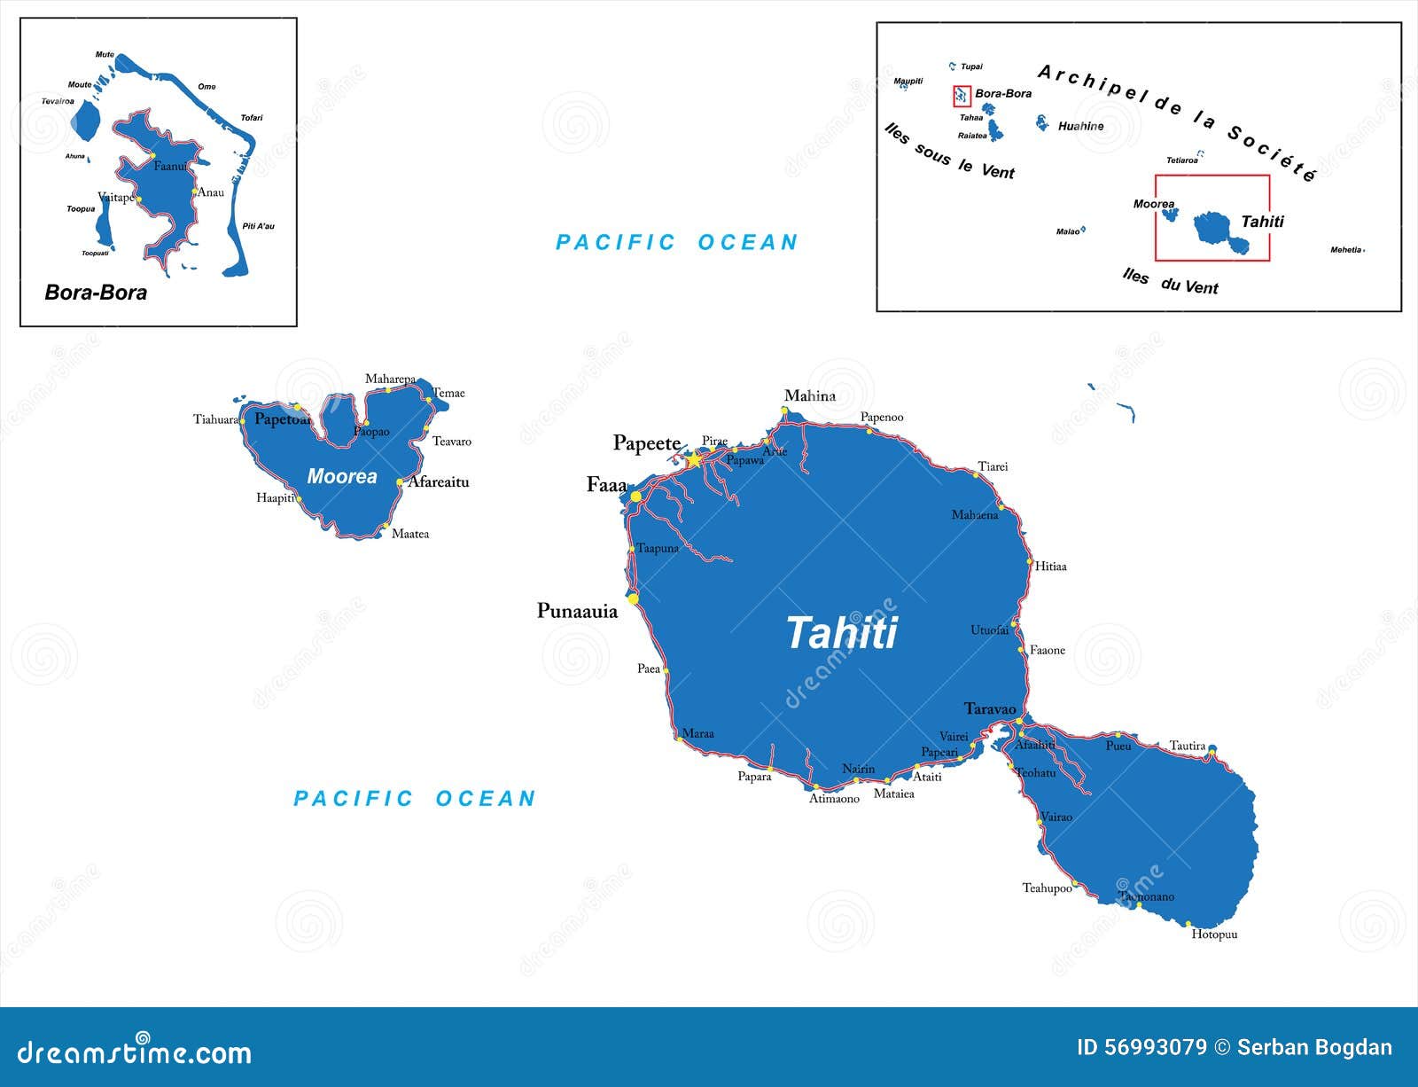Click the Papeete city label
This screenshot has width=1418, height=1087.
click(x=646, y=443)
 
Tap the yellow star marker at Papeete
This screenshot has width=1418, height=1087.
click(x=694, y=460)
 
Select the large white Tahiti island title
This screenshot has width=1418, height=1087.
click(x=841, y=633)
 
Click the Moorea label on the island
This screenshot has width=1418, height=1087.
click(x=342, y=477)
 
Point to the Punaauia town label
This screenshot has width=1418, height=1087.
click(x=577, y=611)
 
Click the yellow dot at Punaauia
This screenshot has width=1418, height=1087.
click(x=633, y=599)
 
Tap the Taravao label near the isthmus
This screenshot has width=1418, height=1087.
click(x=990, y=708)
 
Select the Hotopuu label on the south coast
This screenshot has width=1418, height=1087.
click(x=1214, y=935)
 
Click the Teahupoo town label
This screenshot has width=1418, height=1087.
click(x=1047, y=888)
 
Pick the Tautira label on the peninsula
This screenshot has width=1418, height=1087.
click(x=1188, y=746)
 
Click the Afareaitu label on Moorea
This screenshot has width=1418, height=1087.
click(x=438, y=482)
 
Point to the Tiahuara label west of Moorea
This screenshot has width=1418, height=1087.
click(x=216, y=419)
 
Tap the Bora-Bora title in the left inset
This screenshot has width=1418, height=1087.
click(x=96, y=293)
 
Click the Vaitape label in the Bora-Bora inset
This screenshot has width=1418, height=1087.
click(x=115, y=197)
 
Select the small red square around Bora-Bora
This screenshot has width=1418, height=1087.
click(x=962, y=96)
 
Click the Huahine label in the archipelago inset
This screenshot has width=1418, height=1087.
click(x=1080, y=127)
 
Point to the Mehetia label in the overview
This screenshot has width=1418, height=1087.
click(x=1345, y=250)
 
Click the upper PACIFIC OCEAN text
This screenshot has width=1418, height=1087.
click(x=677, y=242)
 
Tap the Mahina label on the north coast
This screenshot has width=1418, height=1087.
click(x=810, y=396)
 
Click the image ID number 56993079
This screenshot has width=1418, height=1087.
click(x=1155, y=1047)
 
